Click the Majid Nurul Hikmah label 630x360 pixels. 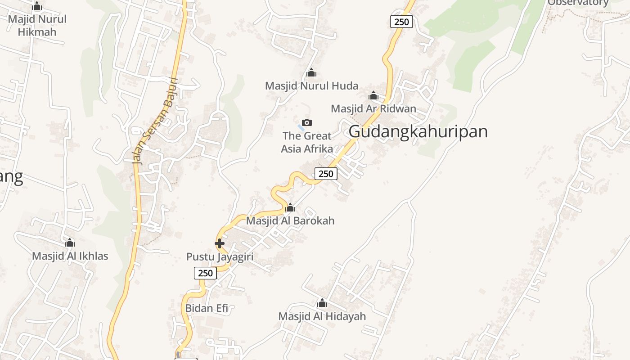tap(37, 26)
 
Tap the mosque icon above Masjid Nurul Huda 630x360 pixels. tap(311, 72)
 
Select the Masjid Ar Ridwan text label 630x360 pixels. tap(373, 108)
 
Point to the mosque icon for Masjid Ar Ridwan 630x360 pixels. tap(373, 95)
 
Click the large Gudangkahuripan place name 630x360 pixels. tap(418, 131)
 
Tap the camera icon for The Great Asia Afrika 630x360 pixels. tap(307, 122)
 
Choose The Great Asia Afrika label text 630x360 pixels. tap(307, 142)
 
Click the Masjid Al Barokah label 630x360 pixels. tap(290, 220)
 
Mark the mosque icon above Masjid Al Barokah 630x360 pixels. tap(290, 207)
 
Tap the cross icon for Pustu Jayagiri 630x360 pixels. tap(220, 243)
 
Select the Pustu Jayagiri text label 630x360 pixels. tap(220, 257)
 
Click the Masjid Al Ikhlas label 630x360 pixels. tap(70, 256)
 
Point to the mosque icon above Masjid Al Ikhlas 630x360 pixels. tap(70, 243)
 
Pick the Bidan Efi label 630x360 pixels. tap(207, 308)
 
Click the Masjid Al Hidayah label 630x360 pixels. tap(322, 316)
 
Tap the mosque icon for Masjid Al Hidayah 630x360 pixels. tap(322, 303)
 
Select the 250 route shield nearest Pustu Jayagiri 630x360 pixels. tap(205, 273)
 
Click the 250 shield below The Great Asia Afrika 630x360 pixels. tap(326, 173)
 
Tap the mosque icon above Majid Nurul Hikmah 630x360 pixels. tap(37, 6)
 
